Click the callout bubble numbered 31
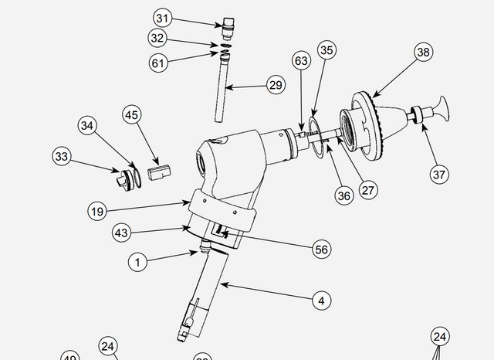point(162,18)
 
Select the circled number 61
point(159,63)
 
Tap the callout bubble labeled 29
point(276,85)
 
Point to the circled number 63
point(301,60)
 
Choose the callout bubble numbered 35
point(327,50)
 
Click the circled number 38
point(422,53)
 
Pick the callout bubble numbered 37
point(439,174)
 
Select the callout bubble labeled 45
point(132,115)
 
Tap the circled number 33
point(63,157)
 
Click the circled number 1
point(137,262)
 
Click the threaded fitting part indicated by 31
point(227,29)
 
